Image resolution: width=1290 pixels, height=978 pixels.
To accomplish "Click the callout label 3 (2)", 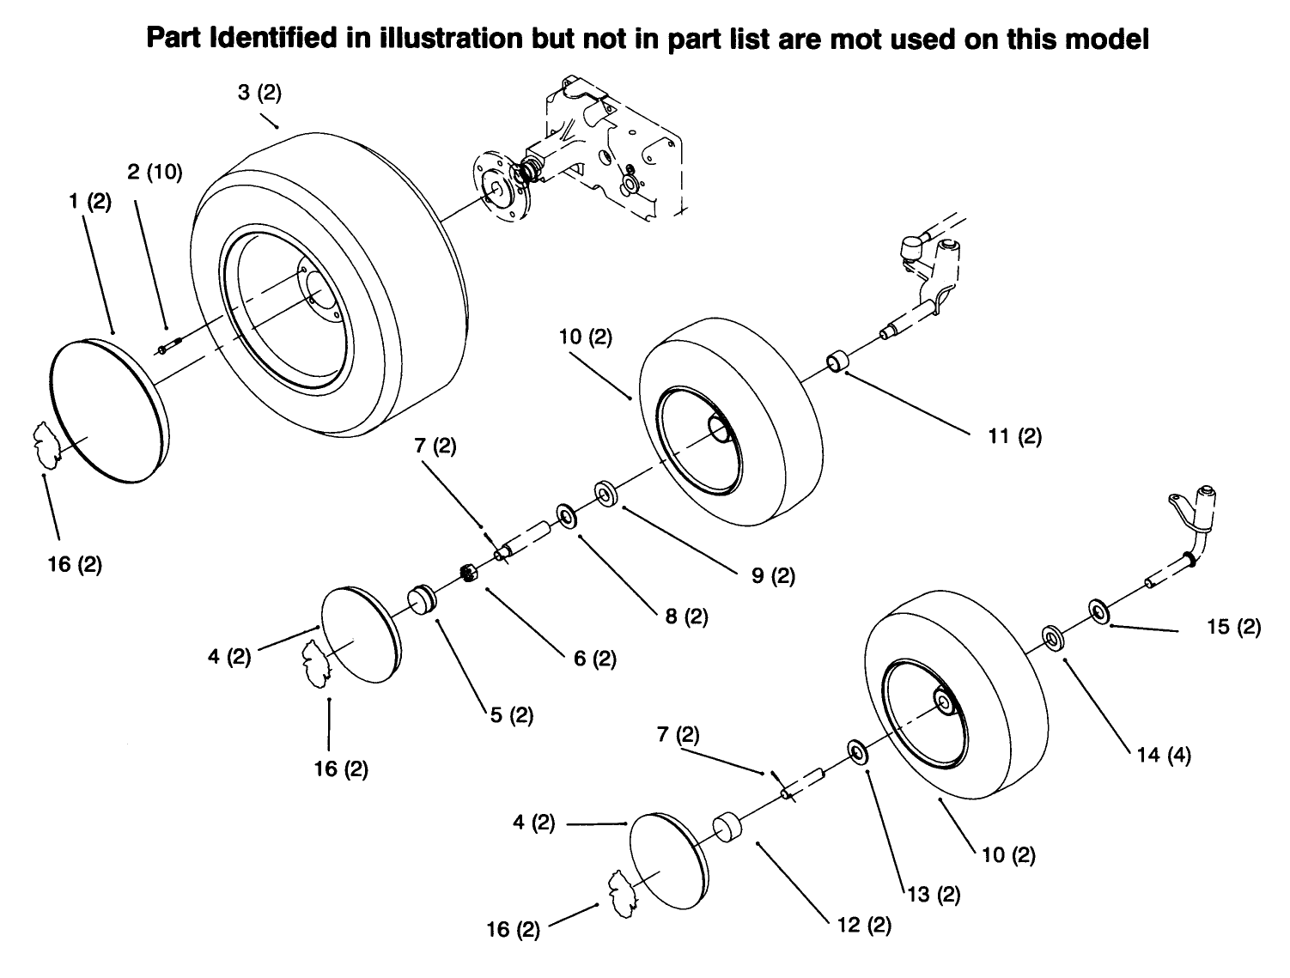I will [259, 94].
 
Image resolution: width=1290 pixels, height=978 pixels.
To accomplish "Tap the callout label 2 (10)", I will [155, 172].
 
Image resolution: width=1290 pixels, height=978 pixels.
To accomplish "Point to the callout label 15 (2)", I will [1233, 627].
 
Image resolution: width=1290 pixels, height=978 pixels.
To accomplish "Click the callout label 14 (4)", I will [1164, 756].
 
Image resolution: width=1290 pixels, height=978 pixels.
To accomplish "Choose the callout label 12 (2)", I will [863, 926].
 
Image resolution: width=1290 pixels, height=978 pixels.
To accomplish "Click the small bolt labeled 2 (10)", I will [167, 349].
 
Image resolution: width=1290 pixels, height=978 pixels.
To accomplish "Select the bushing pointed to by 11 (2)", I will [837, 362].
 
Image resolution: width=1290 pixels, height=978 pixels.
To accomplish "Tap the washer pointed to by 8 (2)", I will [567, 516].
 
